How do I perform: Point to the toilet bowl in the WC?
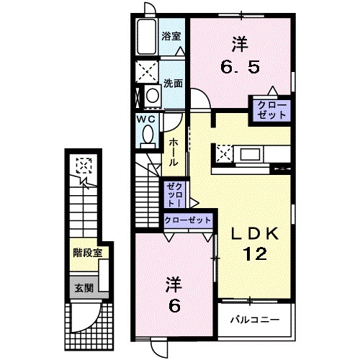click(x=148, y=134)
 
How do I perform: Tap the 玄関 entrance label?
click(x=84, y=287)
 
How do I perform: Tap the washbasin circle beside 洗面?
click(x=151, y=94)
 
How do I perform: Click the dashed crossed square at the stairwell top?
click(x=84, y=167)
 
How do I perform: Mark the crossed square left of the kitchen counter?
click(x=223, y=153)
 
